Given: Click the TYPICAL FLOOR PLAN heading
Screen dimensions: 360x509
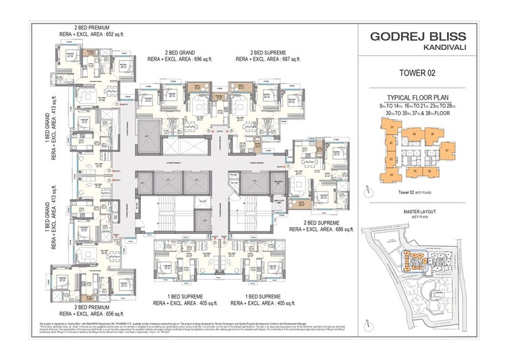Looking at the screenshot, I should pos(431,98).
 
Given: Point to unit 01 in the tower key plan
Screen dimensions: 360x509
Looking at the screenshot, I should pos(392,127).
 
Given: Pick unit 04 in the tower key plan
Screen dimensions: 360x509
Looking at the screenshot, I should pos(391,175).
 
